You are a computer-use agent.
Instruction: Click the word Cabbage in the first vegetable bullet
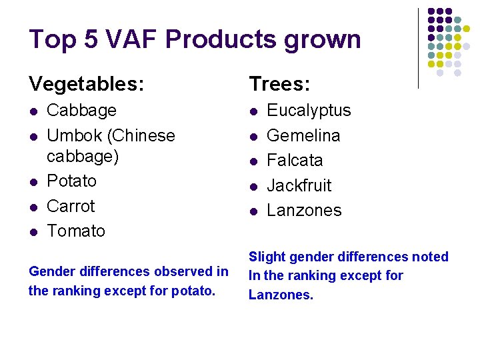pos(81,111)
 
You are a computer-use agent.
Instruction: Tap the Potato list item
pos(71,181)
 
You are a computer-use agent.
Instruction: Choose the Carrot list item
pos(71,206)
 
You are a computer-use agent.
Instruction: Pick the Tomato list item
pos(76,231)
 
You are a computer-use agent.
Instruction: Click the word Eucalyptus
pos(309,111)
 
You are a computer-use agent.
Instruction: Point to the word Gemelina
pos(303,135)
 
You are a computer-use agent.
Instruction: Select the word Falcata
pos(295,161)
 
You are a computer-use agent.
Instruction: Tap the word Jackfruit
pos(299,185)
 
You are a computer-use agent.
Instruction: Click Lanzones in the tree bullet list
pos(304,211)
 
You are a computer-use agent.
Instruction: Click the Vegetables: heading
pos(86,84)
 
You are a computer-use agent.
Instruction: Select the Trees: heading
pos(279,84)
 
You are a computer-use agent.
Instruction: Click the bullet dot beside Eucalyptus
pos(253,111)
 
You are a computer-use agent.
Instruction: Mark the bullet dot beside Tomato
pos(33,232)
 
